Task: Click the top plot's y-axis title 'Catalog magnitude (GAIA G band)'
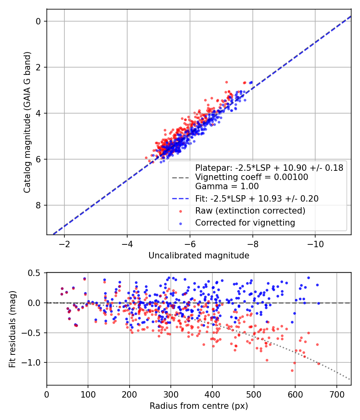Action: pos(27,122)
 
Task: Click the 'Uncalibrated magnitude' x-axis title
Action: pos(199,256)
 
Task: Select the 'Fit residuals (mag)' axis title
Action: pos(12,329)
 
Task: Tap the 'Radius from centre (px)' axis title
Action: pos(199,406)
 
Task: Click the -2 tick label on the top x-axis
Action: pos(64,244)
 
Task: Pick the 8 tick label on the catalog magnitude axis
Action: pos(39,205)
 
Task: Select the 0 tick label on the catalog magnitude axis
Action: pos(39,21)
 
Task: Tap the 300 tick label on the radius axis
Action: pos(171,395)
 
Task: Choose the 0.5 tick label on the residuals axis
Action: pos(36,273)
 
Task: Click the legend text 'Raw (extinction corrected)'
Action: pos(250,211)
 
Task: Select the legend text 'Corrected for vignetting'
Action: pos(245,223)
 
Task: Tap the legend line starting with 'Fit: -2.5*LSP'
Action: pos(257,198)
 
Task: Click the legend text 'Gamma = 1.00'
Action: pos(227,186)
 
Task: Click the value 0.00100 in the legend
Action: pos(293,177)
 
